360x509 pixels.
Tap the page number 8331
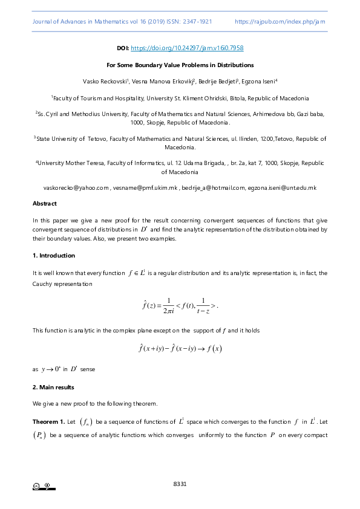(x=180, y=484)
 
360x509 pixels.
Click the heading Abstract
(x=44, y=204)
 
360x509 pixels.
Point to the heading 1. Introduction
(x=54, y=256)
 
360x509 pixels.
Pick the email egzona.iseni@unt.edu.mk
(x=282, y=188)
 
